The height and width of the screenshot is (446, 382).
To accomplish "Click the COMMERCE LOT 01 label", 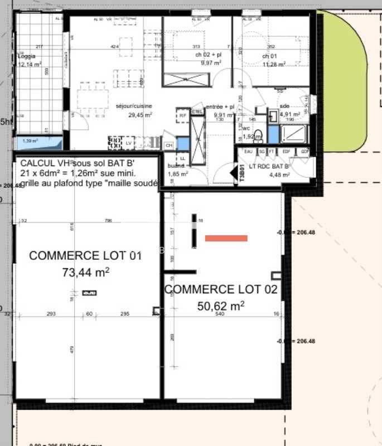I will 85,256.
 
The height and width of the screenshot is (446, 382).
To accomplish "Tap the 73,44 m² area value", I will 86,273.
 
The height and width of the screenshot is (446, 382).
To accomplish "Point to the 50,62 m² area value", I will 221,306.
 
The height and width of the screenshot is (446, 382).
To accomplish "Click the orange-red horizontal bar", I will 226,238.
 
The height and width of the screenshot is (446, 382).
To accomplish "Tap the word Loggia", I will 27,56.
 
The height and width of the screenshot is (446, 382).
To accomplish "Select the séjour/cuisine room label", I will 133,106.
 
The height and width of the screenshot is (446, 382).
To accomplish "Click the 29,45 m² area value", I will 140,115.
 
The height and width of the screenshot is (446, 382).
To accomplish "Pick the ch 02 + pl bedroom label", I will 208,55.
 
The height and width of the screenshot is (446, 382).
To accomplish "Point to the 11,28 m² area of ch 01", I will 274,64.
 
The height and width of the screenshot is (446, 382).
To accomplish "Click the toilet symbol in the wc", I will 257,134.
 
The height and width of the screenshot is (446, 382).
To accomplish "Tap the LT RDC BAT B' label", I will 269,166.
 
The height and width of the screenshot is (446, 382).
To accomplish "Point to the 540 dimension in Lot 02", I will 220,314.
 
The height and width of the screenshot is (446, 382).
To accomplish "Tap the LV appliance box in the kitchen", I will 129,143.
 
